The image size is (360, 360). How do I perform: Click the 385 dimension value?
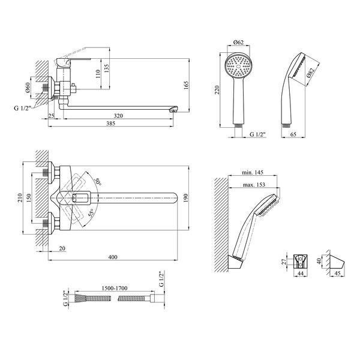[110, 123]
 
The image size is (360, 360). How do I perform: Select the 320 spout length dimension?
[118, 116]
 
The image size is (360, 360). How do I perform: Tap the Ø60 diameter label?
[28, 88]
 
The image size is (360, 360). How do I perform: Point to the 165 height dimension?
[186, 85]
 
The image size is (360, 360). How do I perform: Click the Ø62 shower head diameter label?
[238, 42]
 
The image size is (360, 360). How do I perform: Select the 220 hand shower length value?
[217, 90]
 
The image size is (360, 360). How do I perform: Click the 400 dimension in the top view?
[113, 257]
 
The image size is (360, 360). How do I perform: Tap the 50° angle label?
[98, 182]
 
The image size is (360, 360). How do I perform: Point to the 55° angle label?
[91, 213]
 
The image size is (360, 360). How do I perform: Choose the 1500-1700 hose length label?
[114, 288]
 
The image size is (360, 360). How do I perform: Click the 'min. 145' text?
[253, 172]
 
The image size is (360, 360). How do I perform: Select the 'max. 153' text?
[254, 185]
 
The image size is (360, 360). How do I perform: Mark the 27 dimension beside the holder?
[284, 262]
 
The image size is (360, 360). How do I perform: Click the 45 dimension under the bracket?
[337, 273]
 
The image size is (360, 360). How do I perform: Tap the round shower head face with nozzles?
[238, 66]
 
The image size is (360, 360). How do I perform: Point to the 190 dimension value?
[186, 198]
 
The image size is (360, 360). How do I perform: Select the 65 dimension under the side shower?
[293, 134]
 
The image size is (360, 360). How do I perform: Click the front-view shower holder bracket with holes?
[301, 262]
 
